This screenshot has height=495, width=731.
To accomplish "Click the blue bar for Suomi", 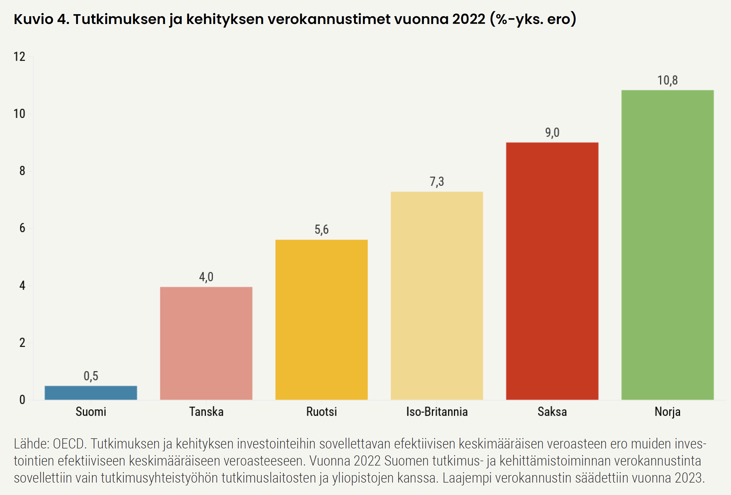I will point(91,393).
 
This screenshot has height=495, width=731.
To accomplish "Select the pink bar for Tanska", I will point(206,343).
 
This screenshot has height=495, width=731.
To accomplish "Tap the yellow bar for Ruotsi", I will point(321,319).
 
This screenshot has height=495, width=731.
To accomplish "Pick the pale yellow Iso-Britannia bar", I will point(437,295).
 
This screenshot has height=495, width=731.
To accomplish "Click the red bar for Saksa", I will point(552,271).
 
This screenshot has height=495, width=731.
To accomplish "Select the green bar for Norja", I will point(668,245).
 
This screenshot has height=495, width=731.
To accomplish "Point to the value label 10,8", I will point(668,80).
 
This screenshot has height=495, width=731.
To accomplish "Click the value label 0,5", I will point(91,376).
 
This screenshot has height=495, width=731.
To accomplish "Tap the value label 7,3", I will point(437,182).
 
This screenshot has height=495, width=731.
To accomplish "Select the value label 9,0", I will point(552,132).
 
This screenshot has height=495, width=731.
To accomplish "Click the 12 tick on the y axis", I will point(19,57).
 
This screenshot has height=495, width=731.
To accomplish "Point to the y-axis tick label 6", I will point(22,228).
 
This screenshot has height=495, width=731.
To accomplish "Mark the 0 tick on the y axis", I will point(22,400).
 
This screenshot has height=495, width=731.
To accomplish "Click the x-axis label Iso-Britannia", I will point(437,412).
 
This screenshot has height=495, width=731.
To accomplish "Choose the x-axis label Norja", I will point(668,412).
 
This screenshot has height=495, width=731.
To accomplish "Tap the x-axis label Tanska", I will point(206,412).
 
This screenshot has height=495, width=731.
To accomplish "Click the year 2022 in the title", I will point(469,19).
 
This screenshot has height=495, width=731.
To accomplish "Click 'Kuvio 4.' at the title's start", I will point(41,19).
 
